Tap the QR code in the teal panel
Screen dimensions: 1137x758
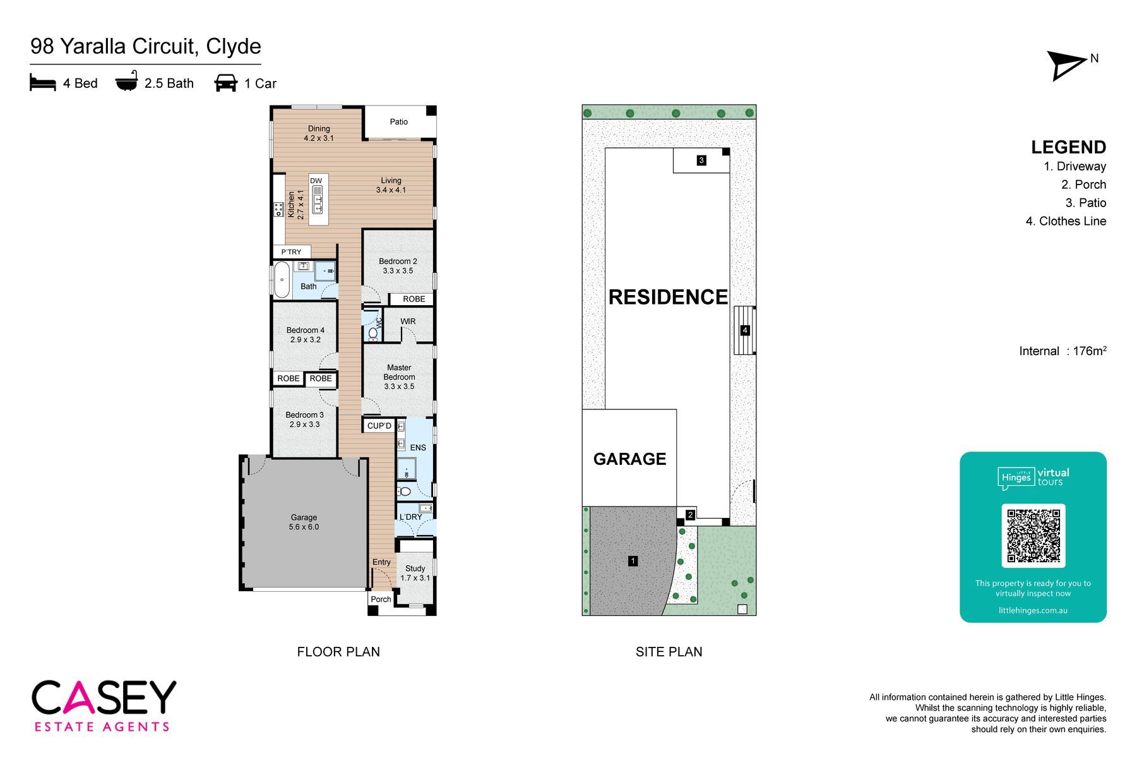pyautogui.click(x=1033, y=536)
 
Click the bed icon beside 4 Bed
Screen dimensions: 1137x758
pyautogui.click(x=43, y=83)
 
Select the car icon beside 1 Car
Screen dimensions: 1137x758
pyautogui.click(x=226, y=83)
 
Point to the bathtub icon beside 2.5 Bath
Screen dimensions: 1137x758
pyautogui.click(x=127, y=82)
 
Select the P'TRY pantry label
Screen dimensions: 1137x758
pyautogui.click(x=291, y=252)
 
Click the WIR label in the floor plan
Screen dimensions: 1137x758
pyautogui.click(x=408, y=322)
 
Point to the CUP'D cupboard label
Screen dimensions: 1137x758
pyautogui.click(x=379, y=426)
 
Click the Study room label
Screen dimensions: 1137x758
pyautogui.click(x=415, y=568)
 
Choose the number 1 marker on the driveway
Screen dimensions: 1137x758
pyautogui.click(x=633, y=561)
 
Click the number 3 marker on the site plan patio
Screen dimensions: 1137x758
pyautogui.click(x=701, y=160)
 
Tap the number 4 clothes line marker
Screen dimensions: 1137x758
pyautogui.click(x=745, y=330)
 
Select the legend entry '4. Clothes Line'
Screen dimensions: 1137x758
pyautogui.click(x=1066, y=221)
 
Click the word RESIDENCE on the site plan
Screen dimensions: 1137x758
pyautogui.click(x=668, y=297)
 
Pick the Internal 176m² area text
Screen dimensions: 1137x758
pyautogui.click(x=1063, y=351)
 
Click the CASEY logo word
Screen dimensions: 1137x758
pyautogui.click(x=104, y=698)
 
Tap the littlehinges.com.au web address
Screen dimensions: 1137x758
pyautogui.click(x=1033, y=611)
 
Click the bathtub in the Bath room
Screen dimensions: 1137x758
pyautogui.click(x=282, y=279)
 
